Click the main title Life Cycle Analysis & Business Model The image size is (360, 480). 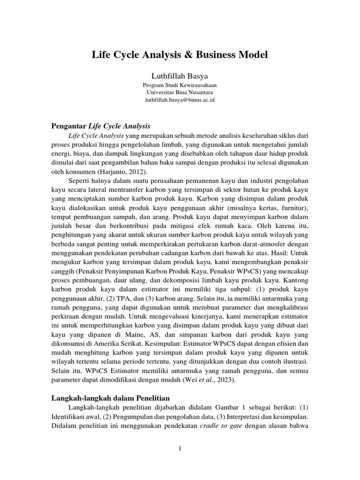180,55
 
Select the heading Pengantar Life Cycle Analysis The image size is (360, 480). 100,126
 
